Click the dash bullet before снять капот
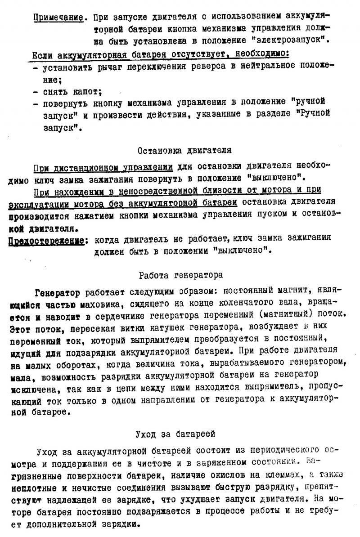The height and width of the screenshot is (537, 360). point(36,93)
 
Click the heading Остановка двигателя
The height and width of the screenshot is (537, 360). point(184,150)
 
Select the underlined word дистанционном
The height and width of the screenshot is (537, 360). point(80,167)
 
